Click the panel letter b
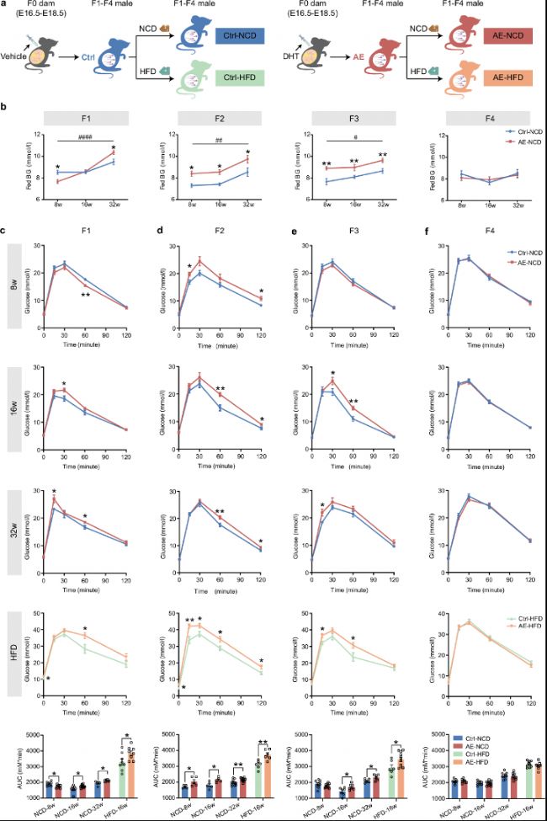tap(5, 108)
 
